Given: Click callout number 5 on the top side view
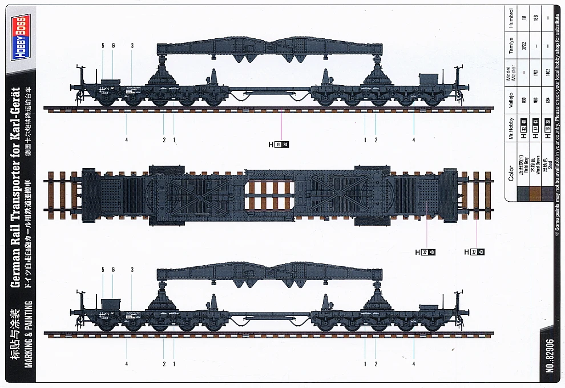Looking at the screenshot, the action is pyautogui.click(x=103, y=45).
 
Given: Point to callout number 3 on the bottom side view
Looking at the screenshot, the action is pyautogui.click(x=132, y=269).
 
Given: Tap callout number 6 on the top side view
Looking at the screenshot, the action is pyautogui.click(x=113, y=45).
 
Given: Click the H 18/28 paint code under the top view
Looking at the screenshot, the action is pyautogui.click(x=279, y=145).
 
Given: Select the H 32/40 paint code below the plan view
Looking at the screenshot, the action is pyautogui.click(x=425, y=252).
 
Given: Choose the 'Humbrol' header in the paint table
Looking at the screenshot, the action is pyautogui.click(x=511, y=19).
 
